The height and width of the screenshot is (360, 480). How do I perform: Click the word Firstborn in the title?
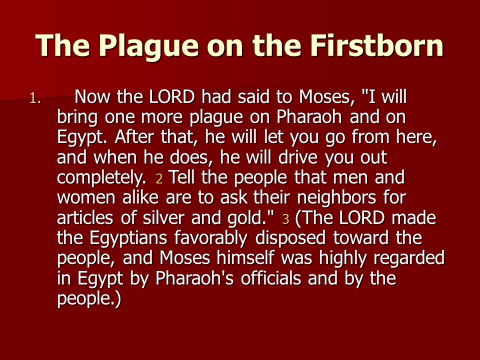coord(377,45)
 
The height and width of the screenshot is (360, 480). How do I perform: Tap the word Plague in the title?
coord(148,47)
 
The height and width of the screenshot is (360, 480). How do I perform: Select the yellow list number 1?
coord(35,98)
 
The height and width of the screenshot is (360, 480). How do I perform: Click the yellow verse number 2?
coord(159,179)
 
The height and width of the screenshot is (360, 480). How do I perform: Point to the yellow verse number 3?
coord(285,219)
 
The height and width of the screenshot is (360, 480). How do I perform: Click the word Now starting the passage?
coord(92,97)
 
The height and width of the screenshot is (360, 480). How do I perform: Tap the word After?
coord(134,137)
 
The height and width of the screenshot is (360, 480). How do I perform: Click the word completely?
coord(101,178)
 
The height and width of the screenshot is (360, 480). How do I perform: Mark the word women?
coord(86,198)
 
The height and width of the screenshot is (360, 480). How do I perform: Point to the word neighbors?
coord(336,198)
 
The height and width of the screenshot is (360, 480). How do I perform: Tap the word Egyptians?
coord(128,238)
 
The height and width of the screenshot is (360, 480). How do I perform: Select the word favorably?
coord(211,238)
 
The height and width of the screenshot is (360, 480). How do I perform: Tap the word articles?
coord(85,217)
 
